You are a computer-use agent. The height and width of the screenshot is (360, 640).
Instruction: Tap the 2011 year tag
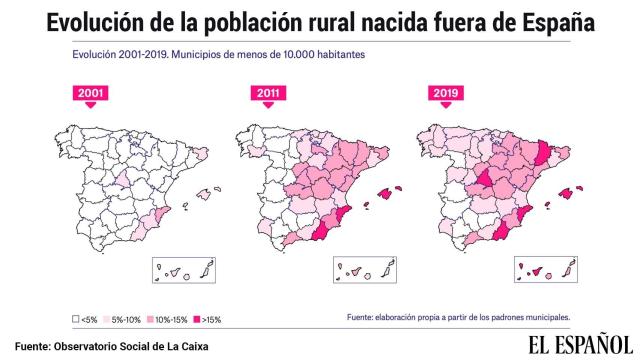click(x=265, y=94)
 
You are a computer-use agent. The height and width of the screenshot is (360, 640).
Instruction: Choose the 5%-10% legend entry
click(x=126, y=320)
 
